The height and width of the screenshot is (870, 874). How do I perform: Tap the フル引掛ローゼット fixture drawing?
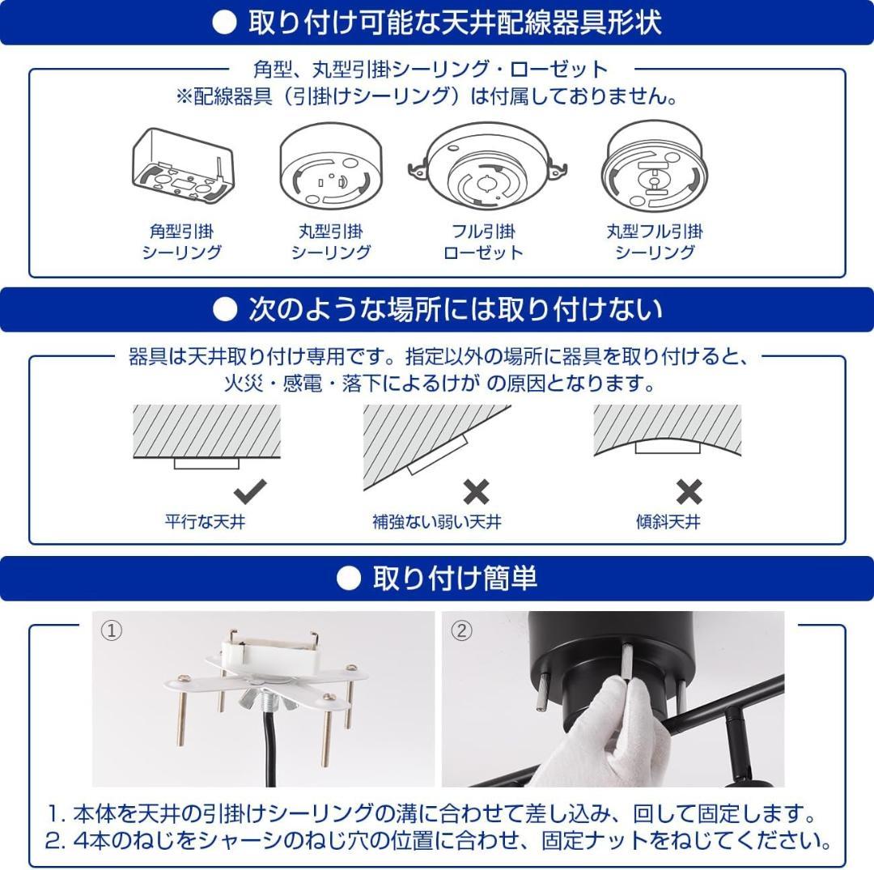pos(483,167)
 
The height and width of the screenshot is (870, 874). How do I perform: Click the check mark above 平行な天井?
pos(249,490)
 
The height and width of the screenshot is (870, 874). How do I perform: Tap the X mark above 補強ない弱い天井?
pos(476,491)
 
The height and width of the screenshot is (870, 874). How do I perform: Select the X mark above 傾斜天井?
pos(689,491)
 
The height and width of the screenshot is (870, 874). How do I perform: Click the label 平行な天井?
pos(205,522)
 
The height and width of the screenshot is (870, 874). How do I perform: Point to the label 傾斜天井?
pos(668,522)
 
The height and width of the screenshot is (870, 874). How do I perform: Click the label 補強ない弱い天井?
pos(437,522)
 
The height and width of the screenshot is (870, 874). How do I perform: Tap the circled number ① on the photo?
pos(111,630)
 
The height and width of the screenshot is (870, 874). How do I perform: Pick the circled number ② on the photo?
pos(460,630)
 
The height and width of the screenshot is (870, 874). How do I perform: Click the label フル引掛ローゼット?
pos(483,242)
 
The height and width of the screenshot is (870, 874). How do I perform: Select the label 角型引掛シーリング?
pos(181,242)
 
